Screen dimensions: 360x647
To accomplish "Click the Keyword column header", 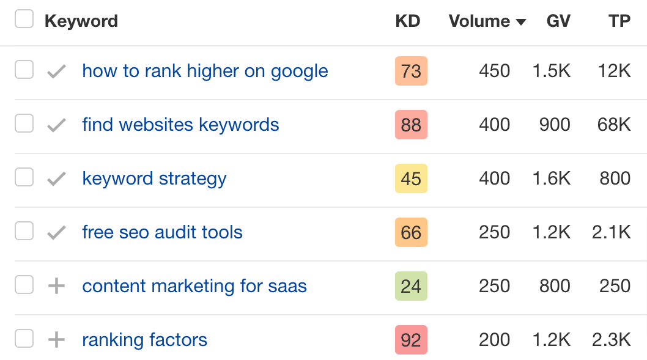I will pyautogui.click(x=81, y=21).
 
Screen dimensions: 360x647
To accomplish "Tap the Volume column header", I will pyautogui.click(x=479, y=21).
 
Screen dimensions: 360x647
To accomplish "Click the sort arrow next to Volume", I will pyautogui.click(x=521, y=22).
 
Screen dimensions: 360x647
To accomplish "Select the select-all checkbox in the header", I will pyautogui.click(x=24, y=20).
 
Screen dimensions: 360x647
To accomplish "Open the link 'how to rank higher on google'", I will pyautogui.click(x=205, y=71).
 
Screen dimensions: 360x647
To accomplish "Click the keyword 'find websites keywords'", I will pyautogui.click(x=180, y=125).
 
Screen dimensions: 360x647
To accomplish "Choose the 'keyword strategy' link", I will pyautogui.click(x=154, y=178).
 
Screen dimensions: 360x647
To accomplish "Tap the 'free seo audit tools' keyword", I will pyautogui.click(x=162, y=232).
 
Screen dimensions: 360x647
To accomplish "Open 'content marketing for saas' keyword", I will pyautogui.click(x=194, y=286).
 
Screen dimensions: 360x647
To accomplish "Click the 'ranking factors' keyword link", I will pyautogui.click(x=144, y=340).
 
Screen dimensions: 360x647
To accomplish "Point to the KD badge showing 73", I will pyautogui.click(x=411, y=71).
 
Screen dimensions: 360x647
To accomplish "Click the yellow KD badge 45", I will pyautogui.click(x=411, y=178).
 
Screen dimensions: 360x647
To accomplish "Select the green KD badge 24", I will pyautogui.click(x=411, y=286).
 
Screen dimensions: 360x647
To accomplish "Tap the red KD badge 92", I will pyautogui.click(x=411, y=340).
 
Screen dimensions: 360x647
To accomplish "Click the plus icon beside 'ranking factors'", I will pyautogui.click(x=56, y=340).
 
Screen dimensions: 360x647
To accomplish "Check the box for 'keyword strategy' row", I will pyautogui.click(x=24, y=178).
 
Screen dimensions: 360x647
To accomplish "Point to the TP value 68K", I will pyautogui.click(x=614, y=125).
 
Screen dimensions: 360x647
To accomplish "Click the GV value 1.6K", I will pyautogui.click(x=552, y=178).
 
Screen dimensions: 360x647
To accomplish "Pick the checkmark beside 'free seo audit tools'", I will pyautogui.click(x=56, y=232).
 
